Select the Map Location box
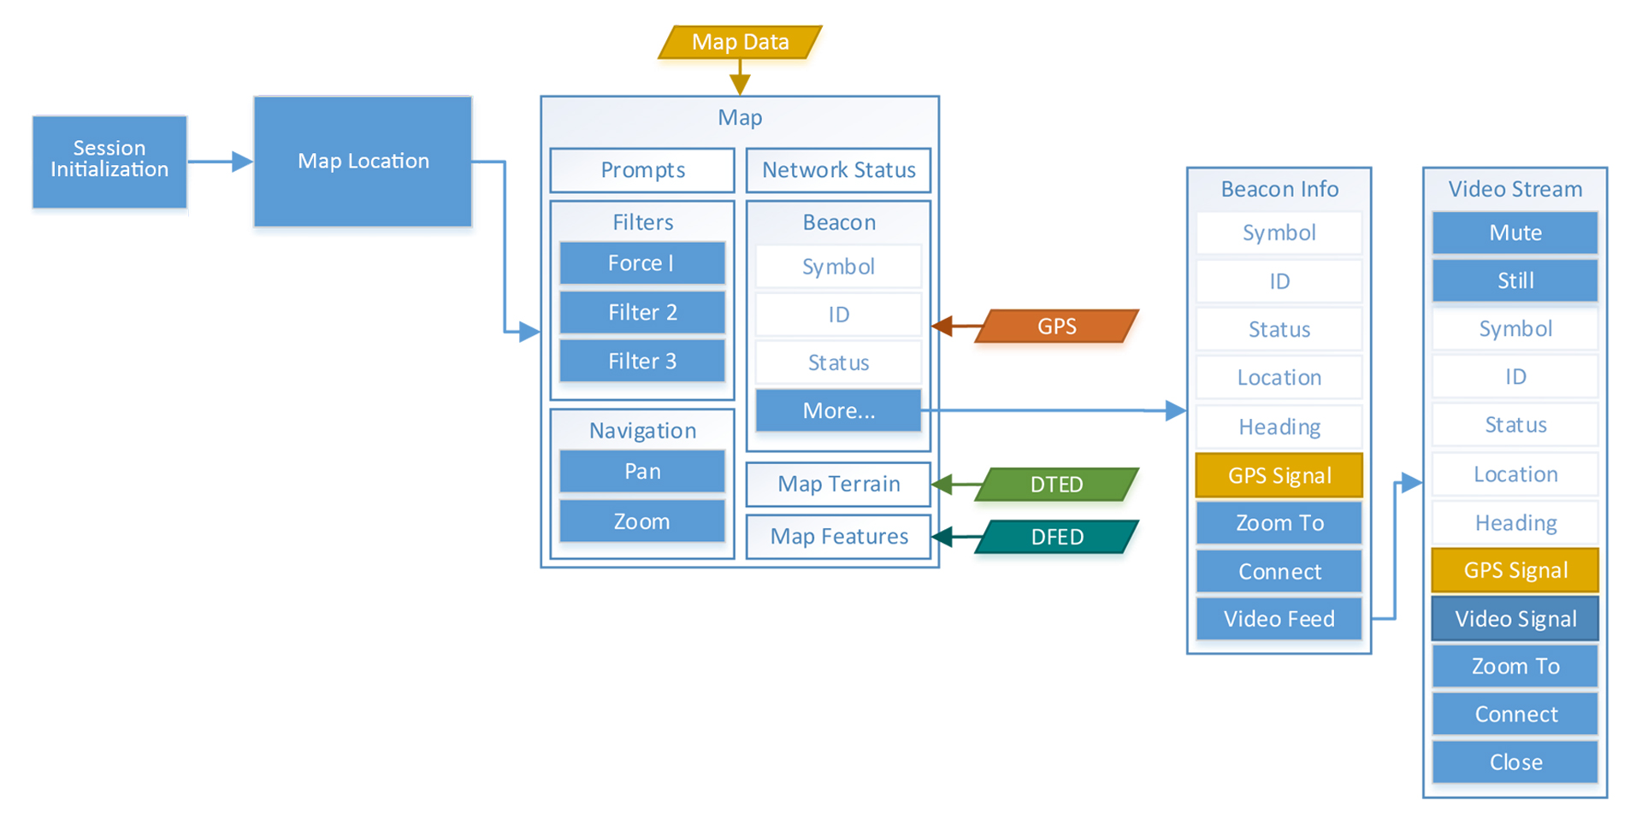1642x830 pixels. tap(363, 162)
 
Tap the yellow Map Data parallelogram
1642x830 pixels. tap(740, 42)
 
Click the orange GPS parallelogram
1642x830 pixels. tap(1057, 327)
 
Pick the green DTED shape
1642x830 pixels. tap(1057, 485)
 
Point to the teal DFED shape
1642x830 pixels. tap(1057, 537)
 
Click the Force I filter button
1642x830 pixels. tap(642, 263)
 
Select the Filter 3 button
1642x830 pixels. tap(642, 361)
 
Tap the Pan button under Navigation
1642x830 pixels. tap(642, 472)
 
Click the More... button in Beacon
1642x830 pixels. tap(838, 411)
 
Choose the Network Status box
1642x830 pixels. tap(838, 170)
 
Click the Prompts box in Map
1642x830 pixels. tap(642, 170)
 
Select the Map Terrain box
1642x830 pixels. tap(838, 485)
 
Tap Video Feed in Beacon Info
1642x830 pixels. tap(1279, 619)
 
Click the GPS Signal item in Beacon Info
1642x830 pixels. tap(1279, 476)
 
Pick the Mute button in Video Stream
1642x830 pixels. tap(1515, 233)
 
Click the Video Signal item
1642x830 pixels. tap(1515, 619)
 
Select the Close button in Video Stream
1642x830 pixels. tap(1515, 762)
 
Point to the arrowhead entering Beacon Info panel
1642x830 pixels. tap(1177, 411)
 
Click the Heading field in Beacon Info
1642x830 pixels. tap(1279, 427)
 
